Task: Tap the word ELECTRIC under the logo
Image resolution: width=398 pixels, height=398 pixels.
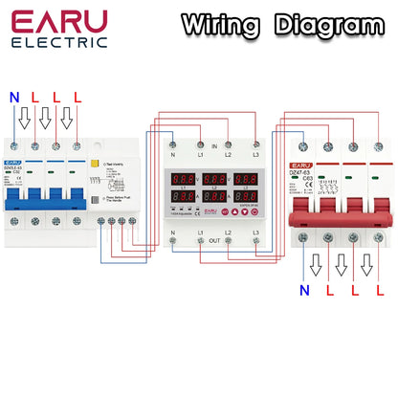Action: coord(59,43)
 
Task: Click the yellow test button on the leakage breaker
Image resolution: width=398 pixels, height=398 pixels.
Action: coord(95,165)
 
